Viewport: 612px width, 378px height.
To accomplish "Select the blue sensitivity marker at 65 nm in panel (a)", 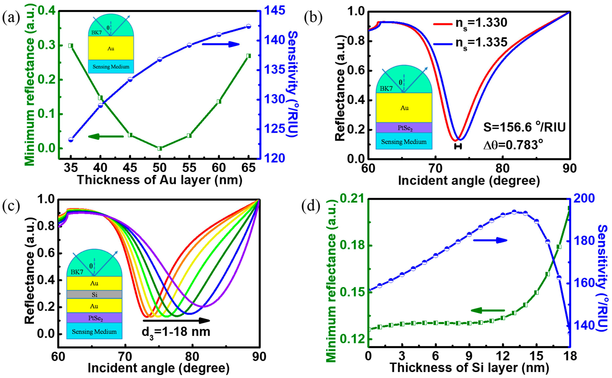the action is (x=248, y=26).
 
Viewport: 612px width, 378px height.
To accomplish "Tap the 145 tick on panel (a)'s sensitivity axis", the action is (x=274, y=11).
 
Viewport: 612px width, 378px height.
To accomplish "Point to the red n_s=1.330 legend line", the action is (x=443, y=24).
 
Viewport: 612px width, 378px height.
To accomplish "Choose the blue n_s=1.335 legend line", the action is (x=443, y=44).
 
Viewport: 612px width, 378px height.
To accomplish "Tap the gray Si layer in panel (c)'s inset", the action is (x=94, y=294).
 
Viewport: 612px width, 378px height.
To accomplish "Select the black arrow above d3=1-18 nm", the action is (x=176, y=320).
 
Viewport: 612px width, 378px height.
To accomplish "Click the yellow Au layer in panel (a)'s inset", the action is (x=111, y=48).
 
